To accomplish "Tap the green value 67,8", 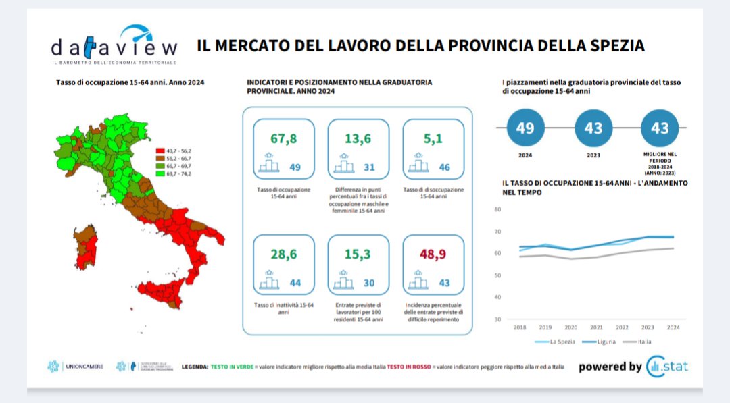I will click(283, 139).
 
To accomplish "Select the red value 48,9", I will click(433, 254).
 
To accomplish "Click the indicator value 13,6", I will click(358, 139).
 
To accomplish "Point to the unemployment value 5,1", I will click(433, 139).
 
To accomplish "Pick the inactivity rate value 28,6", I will click(283, 254).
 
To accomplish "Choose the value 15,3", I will click(358, 254).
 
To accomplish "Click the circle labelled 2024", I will click(525, 128).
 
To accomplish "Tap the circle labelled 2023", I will click(593, 128).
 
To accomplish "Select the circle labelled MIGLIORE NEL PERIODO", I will click(660, 128).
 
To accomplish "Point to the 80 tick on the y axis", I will click(497, 209).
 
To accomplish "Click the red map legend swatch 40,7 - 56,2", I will click(160, 151).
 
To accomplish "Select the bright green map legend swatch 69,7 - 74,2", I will click(160, 173).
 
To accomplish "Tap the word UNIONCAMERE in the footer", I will click(84, 367).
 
